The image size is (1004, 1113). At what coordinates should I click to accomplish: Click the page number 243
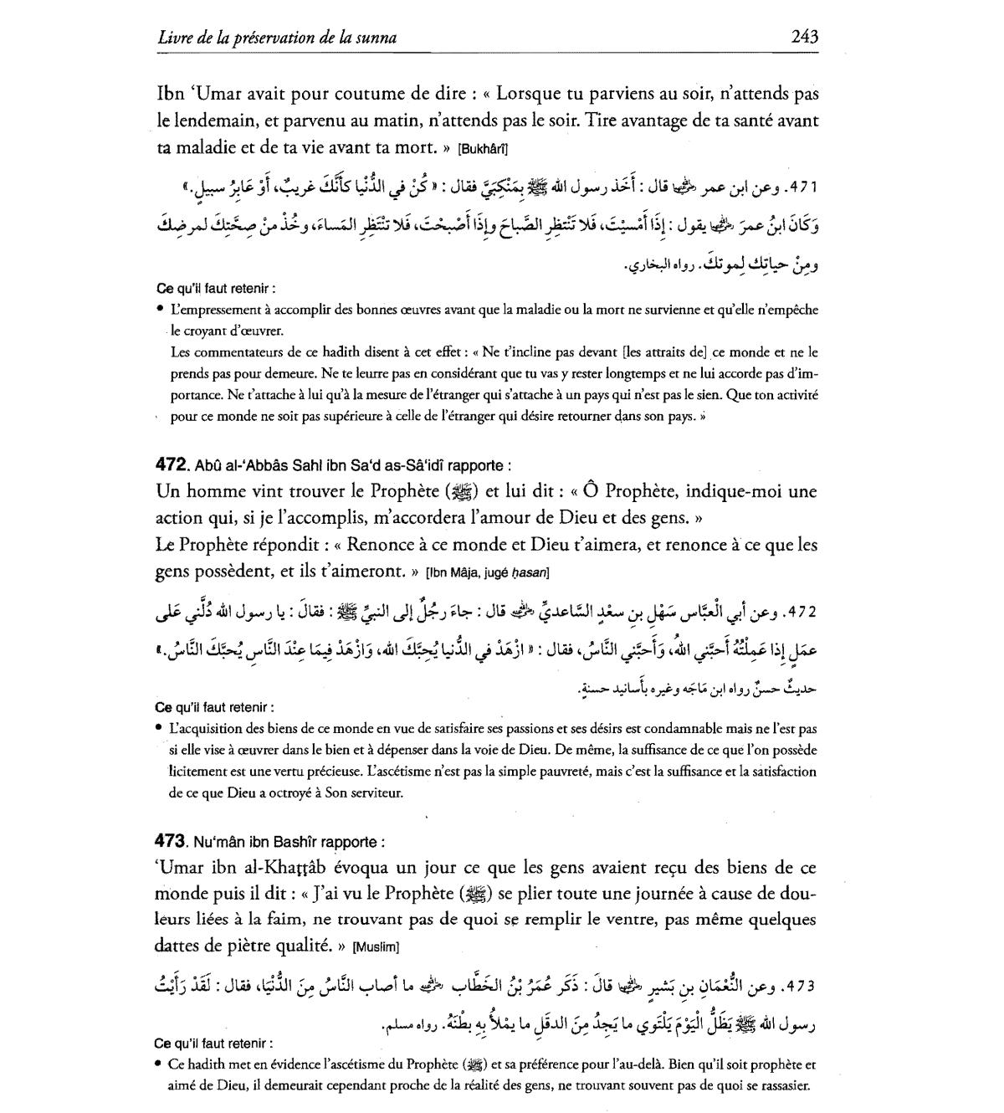point(803,37)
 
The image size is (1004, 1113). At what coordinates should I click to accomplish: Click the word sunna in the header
point(376,38)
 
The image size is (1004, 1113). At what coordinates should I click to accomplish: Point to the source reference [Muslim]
point(376,947)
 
